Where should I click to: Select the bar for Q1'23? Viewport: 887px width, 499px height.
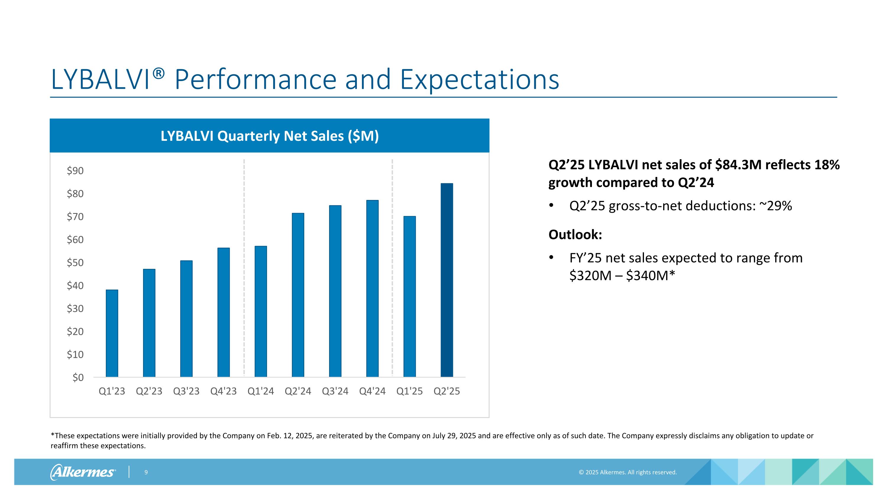pyautogui.click(x=112, y=333)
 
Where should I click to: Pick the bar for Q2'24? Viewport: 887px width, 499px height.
pyautogui.click(x=298, y=295)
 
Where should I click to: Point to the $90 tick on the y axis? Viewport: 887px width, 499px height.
pyautogui.click(x=75, y=170)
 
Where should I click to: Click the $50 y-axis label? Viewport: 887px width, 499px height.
pyautogui.click(x=75, y=262)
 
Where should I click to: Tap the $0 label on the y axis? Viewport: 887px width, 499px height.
pyautogui.click(x=78, y=377)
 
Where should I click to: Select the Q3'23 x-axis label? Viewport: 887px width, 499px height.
pyautogui.click(x=186, y=391)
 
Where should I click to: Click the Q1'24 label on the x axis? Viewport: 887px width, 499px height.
pyautogui.click(x=261, y=391)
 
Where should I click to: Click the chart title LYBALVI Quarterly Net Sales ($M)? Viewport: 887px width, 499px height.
pyautogui.click(x=270, y=136)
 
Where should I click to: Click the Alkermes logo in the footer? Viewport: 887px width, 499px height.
pyautogui.click(x=83, y=472)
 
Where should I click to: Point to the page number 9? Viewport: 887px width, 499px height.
pyautogui.click(x=146, y=472)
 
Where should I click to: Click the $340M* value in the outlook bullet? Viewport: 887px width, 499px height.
pyautogui.click(x=650, y=275)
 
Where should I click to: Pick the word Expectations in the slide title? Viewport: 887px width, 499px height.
pyautogui.click(x=479, y=80)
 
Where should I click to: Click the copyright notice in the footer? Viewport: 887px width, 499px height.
pyautogui.click(x=628, y=472)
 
